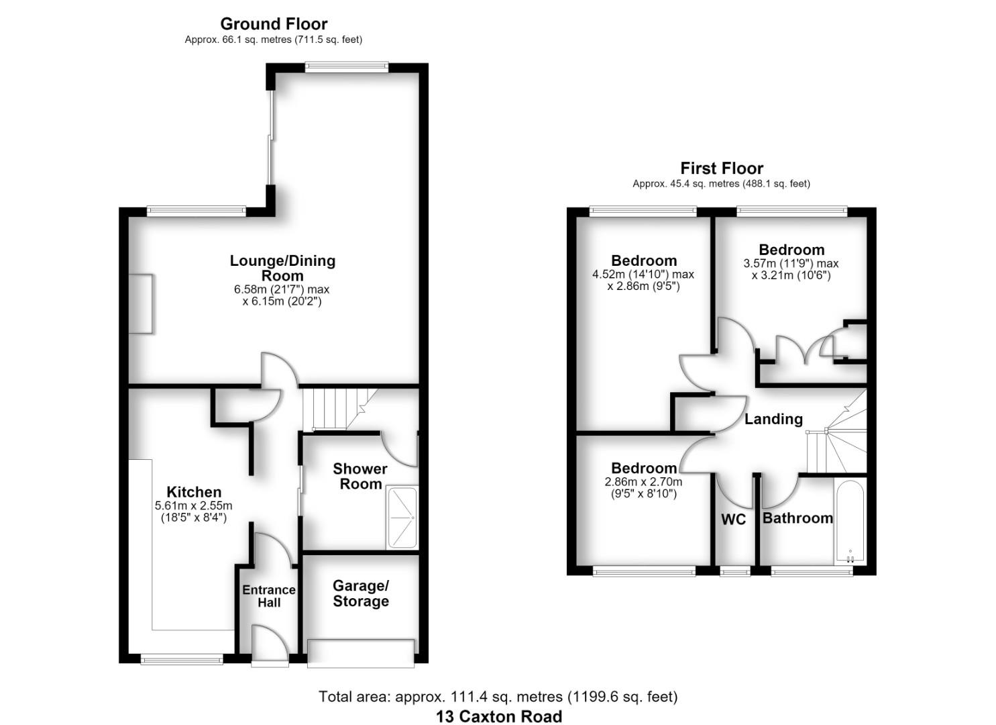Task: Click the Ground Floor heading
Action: click(x=274, y=24)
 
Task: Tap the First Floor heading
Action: click(x=722, y=168)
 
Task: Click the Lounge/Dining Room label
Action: click(x=282, y=268)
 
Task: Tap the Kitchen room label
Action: click(x=194, y=492)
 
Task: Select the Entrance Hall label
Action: click(x=269, y=596)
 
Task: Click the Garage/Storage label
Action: click(x=361, y=593)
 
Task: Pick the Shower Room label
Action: click(x=360, y=476)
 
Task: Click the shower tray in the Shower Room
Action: click(x=402, y=518)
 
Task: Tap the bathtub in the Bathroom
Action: click(x=850, y=522)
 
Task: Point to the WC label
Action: click(x=733, y=520)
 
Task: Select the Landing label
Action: click(x=774, y=419)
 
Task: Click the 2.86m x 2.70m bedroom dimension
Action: click(x=643, y=487)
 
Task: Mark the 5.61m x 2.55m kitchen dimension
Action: click(x=193, y=512)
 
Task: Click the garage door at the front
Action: click(x=361, y=654)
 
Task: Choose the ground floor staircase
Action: click(x=340, y=409)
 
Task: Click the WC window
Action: click(x=734, y=571)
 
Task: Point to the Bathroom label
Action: click(x=797, y=518)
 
